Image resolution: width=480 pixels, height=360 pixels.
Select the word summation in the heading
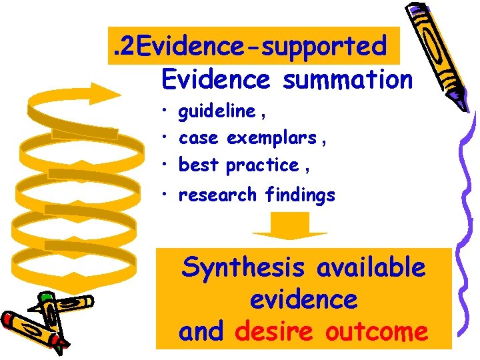click(348, 79)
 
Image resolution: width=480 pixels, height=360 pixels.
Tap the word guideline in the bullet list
click(217, 111)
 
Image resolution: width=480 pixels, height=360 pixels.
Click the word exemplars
click(271, 138)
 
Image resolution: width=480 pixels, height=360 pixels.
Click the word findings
click(300, 195)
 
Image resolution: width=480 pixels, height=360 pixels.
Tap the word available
click(371, 268)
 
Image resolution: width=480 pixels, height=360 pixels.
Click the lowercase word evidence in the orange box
click(304, 300)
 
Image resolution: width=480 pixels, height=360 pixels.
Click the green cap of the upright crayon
click(45, 298)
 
